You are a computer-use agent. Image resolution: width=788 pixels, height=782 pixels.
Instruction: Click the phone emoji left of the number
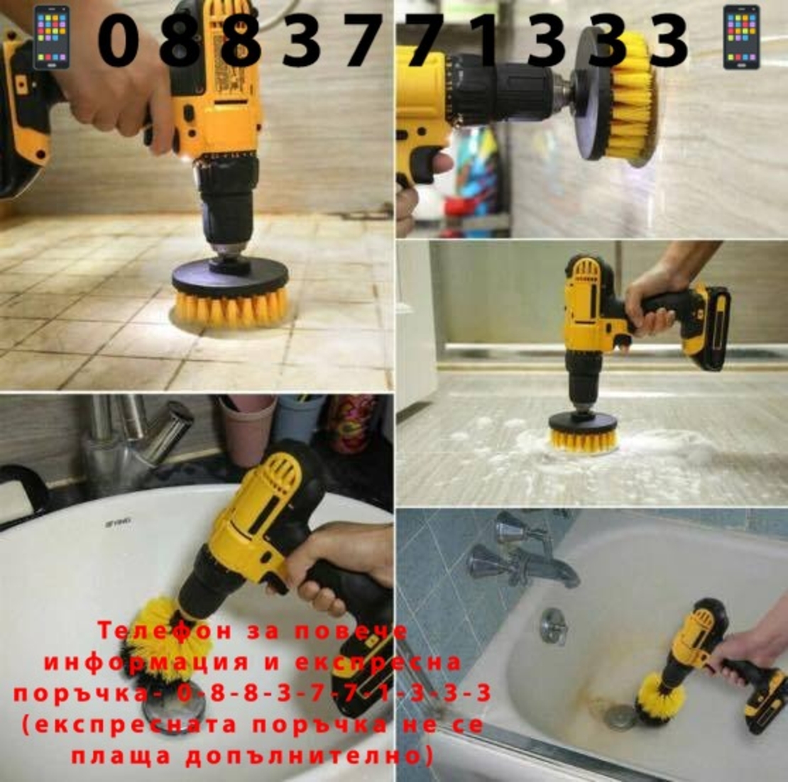click(x=51, y=37)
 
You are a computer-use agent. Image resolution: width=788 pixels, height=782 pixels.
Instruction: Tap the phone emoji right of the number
click(x=741, y=37)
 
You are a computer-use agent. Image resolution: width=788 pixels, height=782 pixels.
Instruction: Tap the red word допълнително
click(x=310, y=756)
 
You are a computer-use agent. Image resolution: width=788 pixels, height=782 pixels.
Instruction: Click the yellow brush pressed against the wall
click(x=631, y=95)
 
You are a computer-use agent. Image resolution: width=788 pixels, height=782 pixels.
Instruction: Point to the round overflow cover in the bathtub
click(x=553, y=627)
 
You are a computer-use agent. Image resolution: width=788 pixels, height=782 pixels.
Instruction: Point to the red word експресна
click(x=378, y=662)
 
